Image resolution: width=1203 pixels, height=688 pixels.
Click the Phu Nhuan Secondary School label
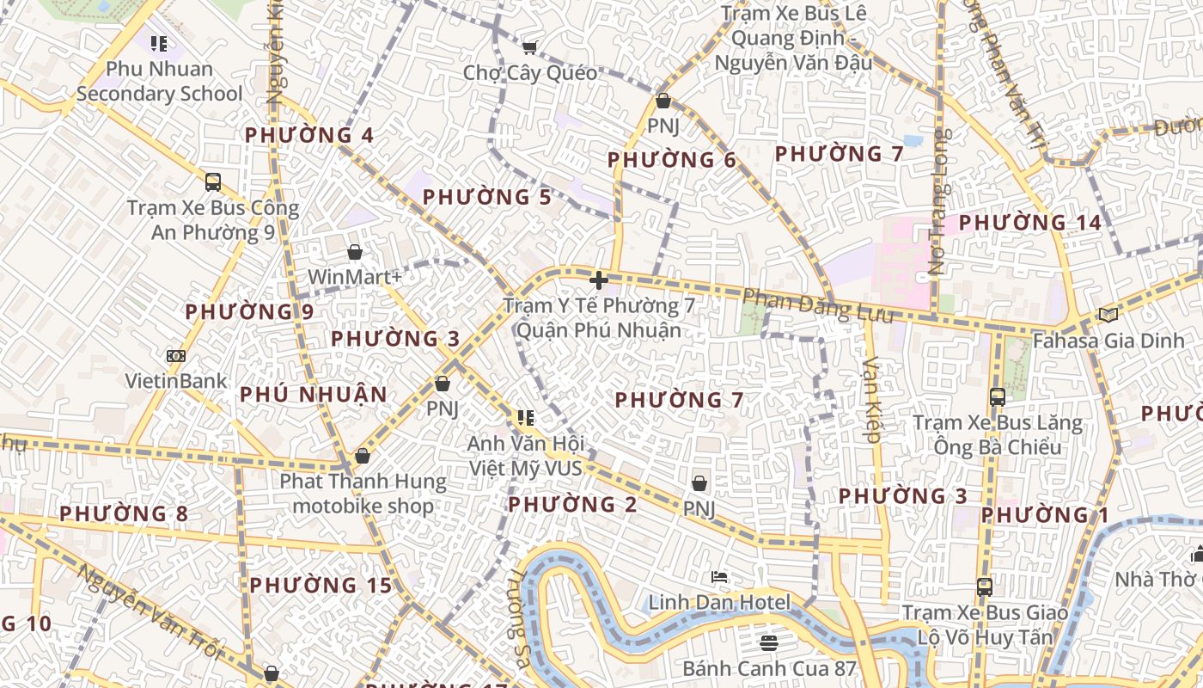tap(159, 81)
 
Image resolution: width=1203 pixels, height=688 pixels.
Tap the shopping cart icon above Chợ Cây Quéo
tap(530, 47)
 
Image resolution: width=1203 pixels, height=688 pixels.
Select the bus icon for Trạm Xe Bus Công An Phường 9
tap(213, 182)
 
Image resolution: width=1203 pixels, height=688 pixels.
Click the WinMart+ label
tap(355, 277)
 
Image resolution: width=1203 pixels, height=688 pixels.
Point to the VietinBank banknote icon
tap(176, 355)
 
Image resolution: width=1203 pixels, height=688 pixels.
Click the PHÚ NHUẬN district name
tap(314, 395)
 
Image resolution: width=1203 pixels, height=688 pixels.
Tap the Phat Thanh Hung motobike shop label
tap(363, 494)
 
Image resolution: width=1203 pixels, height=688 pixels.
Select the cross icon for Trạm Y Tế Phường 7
tap(599, 280)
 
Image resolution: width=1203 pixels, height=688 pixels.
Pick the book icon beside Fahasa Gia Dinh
tap(1108, 316)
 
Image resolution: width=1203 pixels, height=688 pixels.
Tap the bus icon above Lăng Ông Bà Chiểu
tap(998, 397)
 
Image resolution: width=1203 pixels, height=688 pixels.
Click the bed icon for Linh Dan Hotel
tap(719, 576)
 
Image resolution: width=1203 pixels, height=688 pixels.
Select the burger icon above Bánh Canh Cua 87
tap(769, 642)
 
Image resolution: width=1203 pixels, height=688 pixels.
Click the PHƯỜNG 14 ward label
tap(1029, 223)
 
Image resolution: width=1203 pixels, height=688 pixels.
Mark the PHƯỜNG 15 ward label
tap(321, 586)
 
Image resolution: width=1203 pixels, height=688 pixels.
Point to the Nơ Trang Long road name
tap(941, 201)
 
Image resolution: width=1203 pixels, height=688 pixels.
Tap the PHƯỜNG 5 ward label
tap(487, 198)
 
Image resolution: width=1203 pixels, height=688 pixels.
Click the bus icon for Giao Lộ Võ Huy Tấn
tap(985, 587)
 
